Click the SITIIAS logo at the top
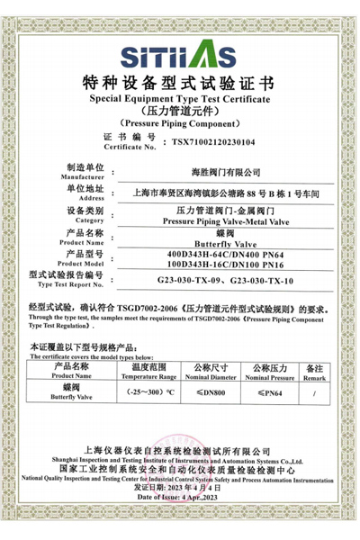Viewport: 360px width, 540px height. tap(180, 56)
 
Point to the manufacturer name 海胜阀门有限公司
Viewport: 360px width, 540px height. tap(225, 170)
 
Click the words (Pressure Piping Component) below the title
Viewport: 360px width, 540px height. tap(180, 121)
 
